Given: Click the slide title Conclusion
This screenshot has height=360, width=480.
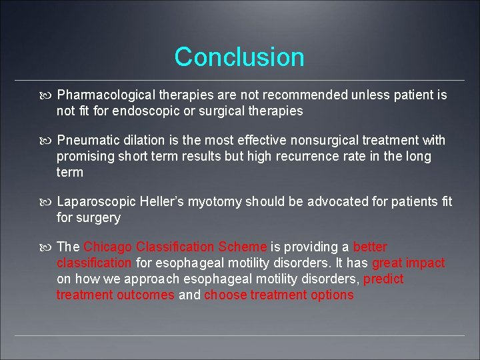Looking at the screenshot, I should (239, 57).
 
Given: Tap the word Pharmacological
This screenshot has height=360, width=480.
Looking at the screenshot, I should (99, 95).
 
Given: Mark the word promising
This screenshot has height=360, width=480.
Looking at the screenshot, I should (83, 157).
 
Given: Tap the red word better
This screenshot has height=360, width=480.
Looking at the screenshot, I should (370, 247).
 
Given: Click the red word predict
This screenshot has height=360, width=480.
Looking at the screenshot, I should (383, 279).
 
